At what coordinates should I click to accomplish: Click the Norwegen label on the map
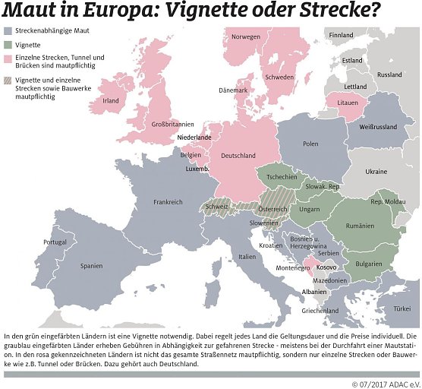(246, 37)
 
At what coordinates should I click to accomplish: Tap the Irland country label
(111, 100)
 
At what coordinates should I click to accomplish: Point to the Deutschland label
(238, 156)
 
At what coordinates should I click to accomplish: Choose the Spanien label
(92, 266)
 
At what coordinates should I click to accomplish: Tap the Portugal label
(55, 242)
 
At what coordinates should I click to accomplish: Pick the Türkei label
(402, 310)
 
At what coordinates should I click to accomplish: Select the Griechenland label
(320, 311)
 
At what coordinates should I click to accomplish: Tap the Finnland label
(342, 35)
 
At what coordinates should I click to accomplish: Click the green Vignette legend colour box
(8, 45)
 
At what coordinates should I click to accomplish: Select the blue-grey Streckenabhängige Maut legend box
(8, 32)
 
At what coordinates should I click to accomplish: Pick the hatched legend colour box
(8, 80)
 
